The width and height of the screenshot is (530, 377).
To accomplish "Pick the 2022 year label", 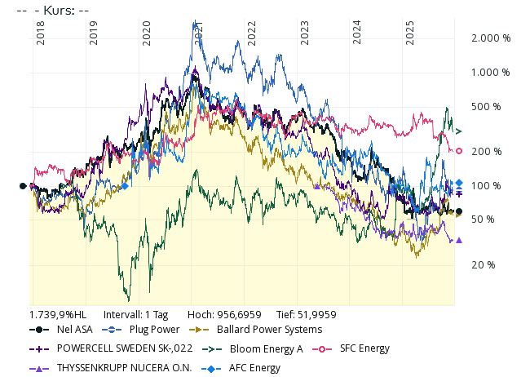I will coord(252,33).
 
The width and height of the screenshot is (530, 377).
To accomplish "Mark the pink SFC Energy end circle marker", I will coord(459,151).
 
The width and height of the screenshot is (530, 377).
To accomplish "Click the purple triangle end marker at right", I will coord(459,240).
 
